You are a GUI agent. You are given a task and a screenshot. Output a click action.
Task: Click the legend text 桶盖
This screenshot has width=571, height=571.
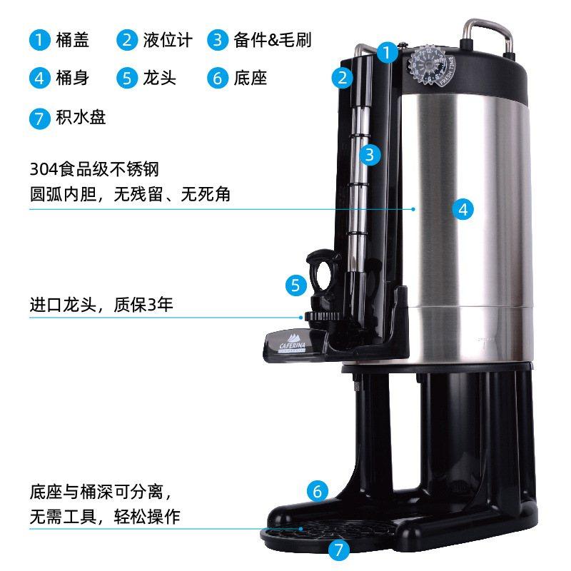(72, 40)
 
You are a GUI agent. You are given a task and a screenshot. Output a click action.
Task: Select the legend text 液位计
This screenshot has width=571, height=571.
(167, 40)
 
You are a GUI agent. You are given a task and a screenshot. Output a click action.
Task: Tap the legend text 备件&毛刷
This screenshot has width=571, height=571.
(272, 40)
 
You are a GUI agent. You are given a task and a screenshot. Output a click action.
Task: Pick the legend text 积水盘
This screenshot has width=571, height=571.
(81, 117)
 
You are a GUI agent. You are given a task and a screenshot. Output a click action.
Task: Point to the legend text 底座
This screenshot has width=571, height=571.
(250, 78)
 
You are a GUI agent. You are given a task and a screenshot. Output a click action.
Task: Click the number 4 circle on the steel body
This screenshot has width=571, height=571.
(463, 209)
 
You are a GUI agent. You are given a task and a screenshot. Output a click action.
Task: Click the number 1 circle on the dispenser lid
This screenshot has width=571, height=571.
(386, 52)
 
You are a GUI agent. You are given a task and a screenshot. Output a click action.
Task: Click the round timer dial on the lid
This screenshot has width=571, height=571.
(428, 64)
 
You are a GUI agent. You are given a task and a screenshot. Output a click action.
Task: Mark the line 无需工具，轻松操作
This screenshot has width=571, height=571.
(104, 517)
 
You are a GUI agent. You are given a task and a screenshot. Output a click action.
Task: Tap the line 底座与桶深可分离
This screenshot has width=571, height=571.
(97, 492)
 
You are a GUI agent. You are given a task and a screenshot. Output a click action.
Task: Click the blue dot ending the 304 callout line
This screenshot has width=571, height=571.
(414, 209)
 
